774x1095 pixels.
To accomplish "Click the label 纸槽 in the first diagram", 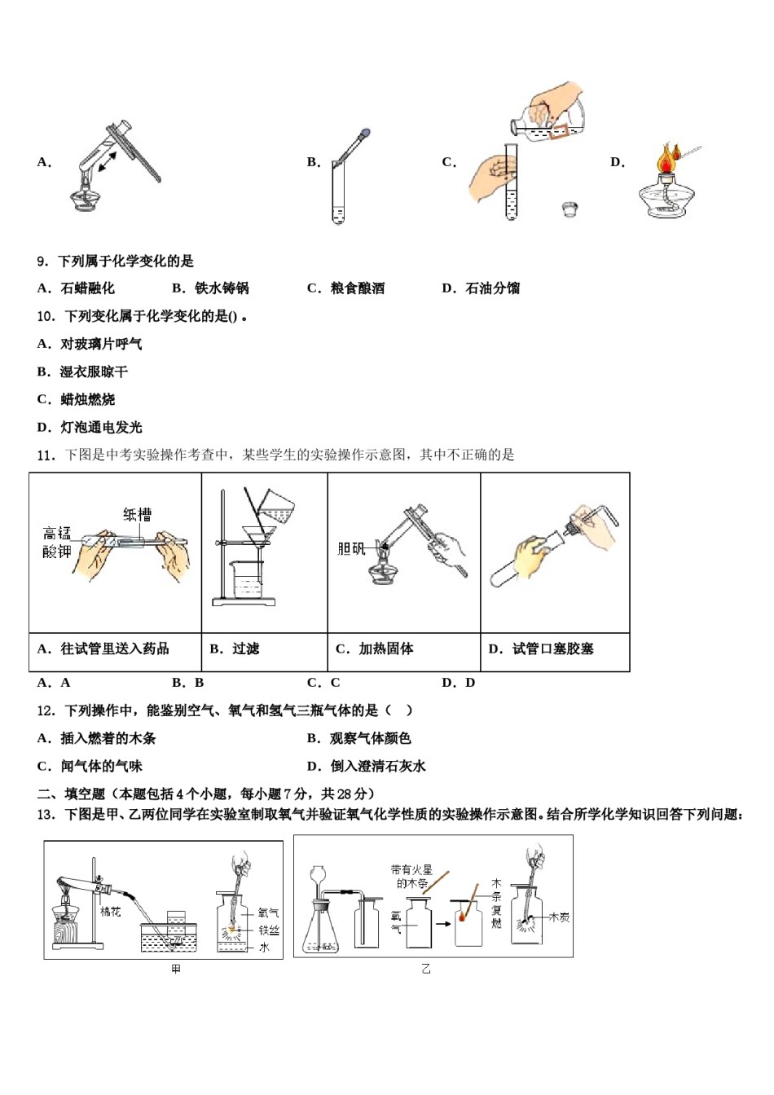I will pyautogui.click(x=137, y=514).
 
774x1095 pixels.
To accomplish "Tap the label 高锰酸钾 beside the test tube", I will pyautogui.click(x=57, y=543).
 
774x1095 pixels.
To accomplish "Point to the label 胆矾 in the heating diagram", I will pyautogui.click(x=351, y=549).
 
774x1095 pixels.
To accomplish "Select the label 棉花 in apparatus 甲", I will pyautogui.click(x=110, y=912).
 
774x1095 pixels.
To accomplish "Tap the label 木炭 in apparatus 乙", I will pyautogui.click(x=559, y=917).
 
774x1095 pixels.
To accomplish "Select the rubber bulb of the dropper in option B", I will pyautogui.click(x=365, y=133).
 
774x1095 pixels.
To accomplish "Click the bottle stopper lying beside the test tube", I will pyautogui.click(x=570, y=209).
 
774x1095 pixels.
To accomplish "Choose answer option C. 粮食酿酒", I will pyautogui.click(x=346, y=288).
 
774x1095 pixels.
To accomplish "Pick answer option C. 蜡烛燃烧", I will pyautogui.click(x=77, y=399).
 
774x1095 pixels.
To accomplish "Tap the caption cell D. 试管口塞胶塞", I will pyautogui.click(x=541, y=649).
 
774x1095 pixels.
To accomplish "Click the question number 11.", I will pyautogui.click(x=46, y=455).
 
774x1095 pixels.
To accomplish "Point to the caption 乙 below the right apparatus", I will pyautogui.click(x=426, y=969).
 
